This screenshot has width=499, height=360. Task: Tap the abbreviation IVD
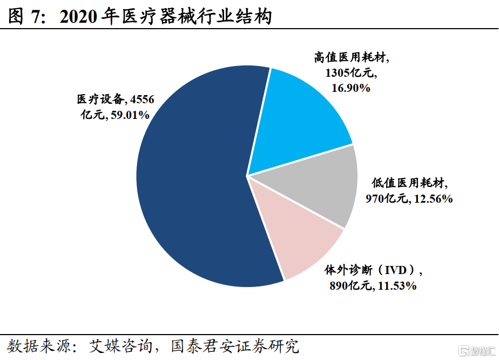point(397,270)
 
